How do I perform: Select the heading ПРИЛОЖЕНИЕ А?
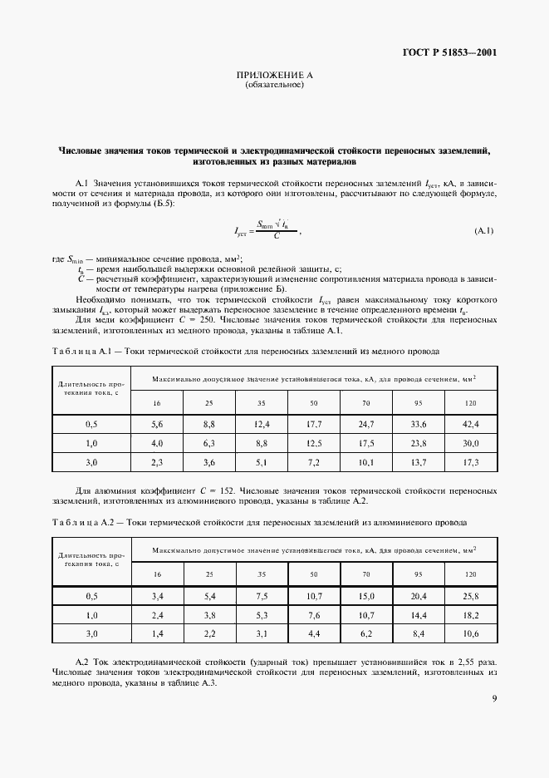[x=274, y=76]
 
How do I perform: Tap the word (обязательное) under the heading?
[x=274, y=86]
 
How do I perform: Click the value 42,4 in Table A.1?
[x=471, y=424]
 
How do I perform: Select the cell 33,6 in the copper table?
[x=418, y=424]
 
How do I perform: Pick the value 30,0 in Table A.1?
[x=471, y=443]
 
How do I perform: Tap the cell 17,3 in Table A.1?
[x=471, y=461]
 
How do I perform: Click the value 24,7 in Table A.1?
[x=366, y=424]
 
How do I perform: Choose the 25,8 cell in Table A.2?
[x=471, y=596]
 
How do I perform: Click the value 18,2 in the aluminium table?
[x=471, y=615]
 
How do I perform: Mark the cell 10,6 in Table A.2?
[x=471, y=633]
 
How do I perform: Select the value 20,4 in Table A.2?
[x=418, y=596]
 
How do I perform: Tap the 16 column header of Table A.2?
[x=156, y=574]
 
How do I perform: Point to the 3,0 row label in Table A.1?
[x=91, y=461]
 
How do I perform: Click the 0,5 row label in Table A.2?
[x=91, y=596]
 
